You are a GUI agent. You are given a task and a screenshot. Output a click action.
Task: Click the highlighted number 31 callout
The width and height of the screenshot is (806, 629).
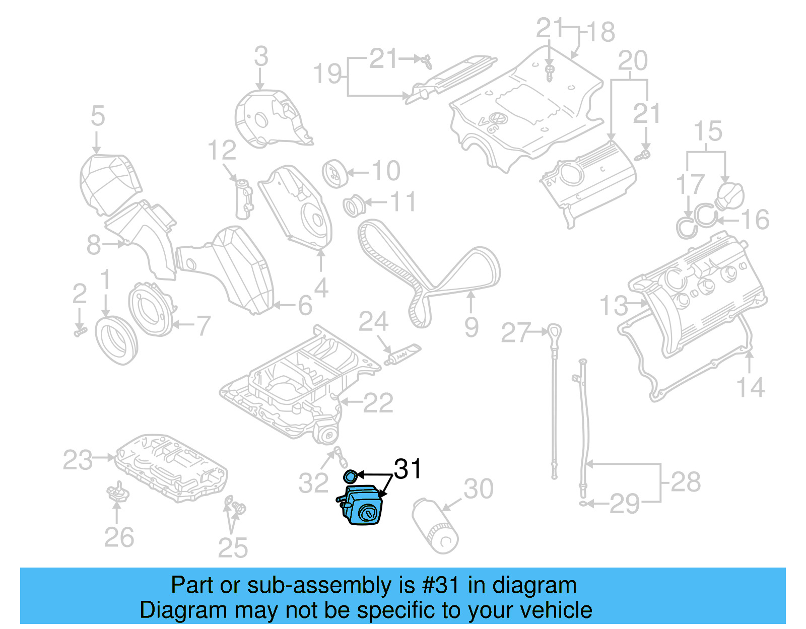tap(408, 469)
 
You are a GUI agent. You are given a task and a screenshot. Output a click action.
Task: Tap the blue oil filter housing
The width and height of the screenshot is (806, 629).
tap(363, 506)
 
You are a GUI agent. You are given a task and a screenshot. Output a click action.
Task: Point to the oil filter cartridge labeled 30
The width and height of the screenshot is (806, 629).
tap(435, 526)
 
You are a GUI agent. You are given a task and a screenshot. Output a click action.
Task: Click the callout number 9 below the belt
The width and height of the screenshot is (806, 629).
tap(471, 327)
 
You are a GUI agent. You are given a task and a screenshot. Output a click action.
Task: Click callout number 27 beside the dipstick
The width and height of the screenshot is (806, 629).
tap(515, 333)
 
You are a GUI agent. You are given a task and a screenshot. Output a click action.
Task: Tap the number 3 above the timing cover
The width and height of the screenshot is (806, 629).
tap(261, 56)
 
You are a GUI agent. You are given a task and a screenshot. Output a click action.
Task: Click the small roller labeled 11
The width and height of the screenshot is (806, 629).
tap(354, 205)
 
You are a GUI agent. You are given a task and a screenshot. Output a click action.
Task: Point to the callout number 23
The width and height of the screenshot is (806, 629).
tap(78, 460)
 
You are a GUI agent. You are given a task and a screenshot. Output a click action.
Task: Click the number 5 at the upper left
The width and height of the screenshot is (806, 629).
tap(98, 116)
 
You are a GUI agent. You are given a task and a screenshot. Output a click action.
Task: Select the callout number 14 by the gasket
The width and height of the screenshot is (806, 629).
tap(750, 388)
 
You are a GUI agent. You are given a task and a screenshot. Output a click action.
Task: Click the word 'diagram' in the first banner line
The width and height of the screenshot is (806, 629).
tap(534, 585)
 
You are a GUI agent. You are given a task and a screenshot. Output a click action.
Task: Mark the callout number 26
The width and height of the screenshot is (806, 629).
tap(119, 537)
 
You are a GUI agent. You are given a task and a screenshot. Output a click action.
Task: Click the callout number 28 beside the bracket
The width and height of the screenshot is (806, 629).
tap(685, 482)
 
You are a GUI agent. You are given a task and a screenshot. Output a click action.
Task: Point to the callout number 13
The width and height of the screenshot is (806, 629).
tap(614, 306)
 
